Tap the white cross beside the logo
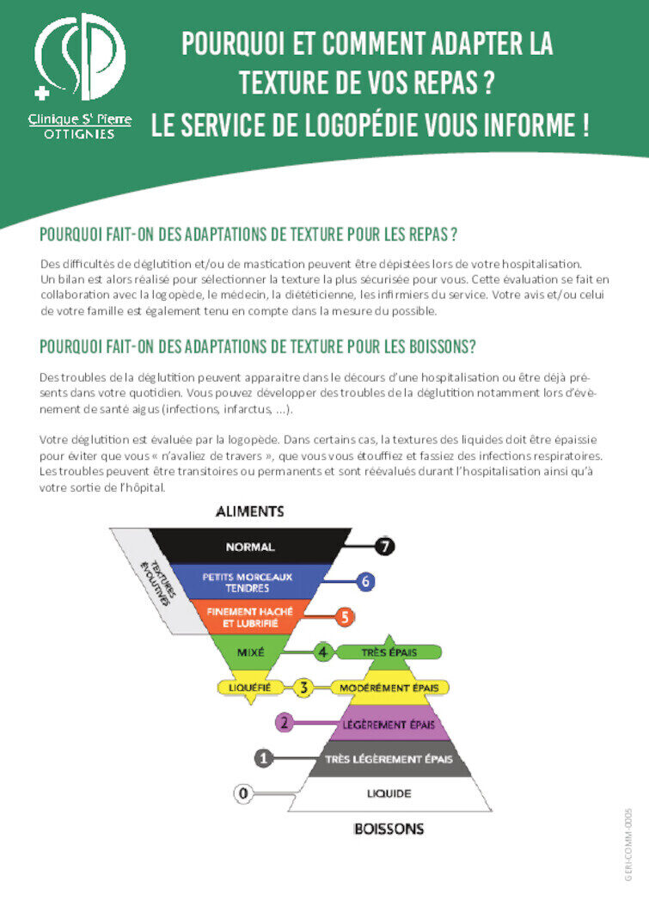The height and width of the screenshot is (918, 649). tap(41, 92)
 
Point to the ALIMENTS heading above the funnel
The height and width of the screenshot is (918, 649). tap(249, 511)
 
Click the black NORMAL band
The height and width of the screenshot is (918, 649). tap(249, 547)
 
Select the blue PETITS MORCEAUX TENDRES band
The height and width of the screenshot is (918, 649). tap(248, 582)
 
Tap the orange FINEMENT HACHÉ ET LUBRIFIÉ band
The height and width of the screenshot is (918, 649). tap(249, 616)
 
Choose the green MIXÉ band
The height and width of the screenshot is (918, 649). tap(250, 652)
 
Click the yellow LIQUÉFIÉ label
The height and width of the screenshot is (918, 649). tap(249, 688)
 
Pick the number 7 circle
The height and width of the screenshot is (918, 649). tap(384, 546)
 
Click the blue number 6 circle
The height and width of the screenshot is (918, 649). tap(365, 582)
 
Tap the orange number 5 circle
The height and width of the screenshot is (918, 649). tap(344, 616)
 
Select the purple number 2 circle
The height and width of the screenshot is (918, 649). tap(285, 723)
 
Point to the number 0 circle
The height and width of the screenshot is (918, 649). tap(243, 793)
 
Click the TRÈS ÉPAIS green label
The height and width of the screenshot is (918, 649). tap(389, 652)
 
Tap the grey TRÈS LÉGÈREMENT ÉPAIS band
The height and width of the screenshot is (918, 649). tap(389, 758)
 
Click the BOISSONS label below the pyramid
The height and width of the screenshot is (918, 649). tap(389, 829)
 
